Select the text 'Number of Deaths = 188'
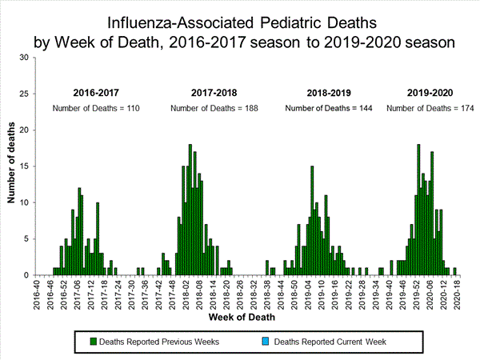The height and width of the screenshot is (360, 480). click(x=214, y=108)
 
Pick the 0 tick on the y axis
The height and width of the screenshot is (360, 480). click(x=26, y=275)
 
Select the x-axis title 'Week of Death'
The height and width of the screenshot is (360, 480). click(x=243, y=317)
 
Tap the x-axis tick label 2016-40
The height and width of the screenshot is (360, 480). click(x=37, y=292)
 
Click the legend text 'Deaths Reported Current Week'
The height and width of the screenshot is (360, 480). click(x=330, y=342)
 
